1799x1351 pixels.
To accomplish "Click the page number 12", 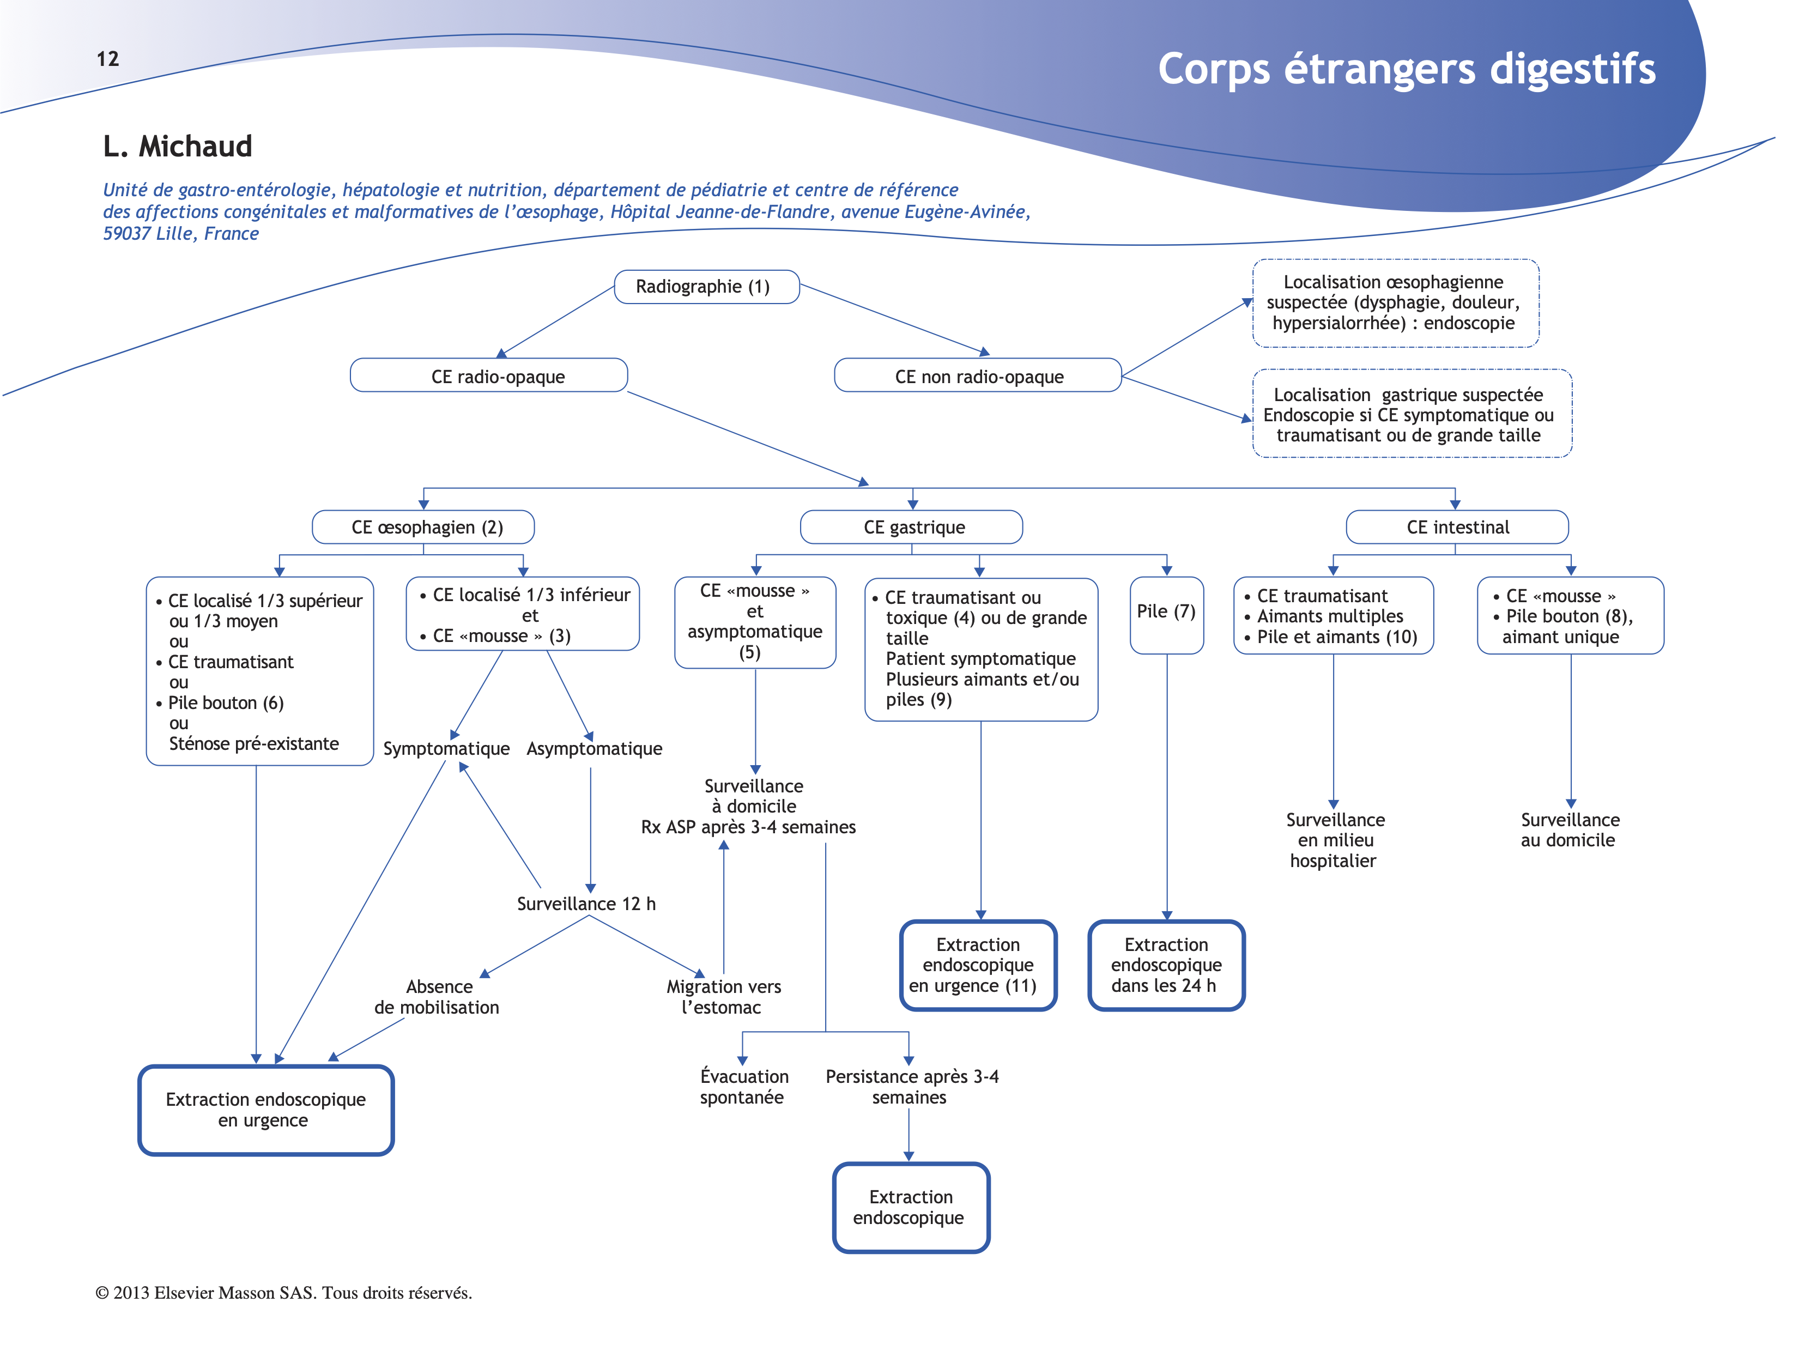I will [x=107, y=58].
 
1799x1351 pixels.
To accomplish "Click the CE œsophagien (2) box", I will [x=423, y=527].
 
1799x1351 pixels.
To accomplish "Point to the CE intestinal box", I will [x=1457, y=527].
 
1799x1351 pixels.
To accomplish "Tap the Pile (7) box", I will [x=1166, y=614].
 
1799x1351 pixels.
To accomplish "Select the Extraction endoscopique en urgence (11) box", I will [x=978, y=966].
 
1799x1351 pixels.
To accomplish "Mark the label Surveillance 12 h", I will [x=586, y=904].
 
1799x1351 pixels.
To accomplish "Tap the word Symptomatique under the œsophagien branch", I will [x=446, y=748].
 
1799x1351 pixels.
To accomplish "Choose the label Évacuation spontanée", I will [x=743, y=1087].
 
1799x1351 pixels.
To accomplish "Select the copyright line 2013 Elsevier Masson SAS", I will [x=284, y=1293].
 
